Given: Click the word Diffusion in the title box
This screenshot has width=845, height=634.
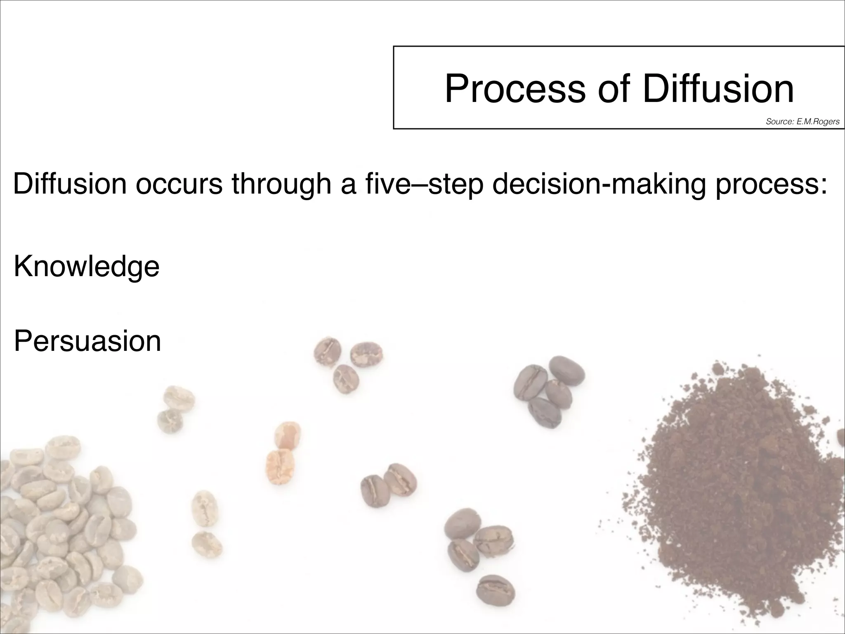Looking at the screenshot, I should point(718,89).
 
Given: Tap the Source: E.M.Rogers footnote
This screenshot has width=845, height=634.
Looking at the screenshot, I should point(802,121).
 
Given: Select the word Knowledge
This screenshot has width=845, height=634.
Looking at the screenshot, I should point(86,267).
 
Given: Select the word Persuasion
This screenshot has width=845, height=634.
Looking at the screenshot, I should point(87,341).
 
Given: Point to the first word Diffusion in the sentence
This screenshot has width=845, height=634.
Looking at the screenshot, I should point(69,184).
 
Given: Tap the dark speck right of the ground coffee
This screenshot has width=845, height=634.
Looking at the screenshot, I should point(841,438).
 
